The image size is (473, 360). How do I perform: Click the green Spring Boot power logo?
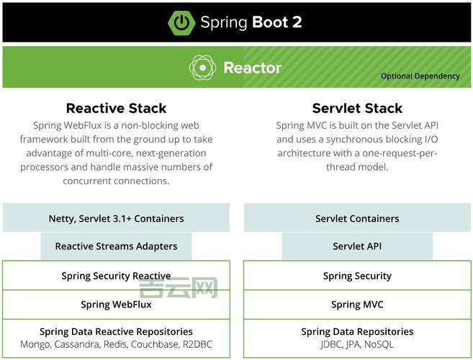pos(181,22)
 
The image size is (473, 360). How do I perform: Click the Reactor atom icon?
pos(202,68)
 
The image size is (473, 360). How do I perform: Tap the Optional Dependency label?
pos(420,76)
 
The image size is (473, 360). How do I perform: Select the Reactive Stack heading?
pos(116,109)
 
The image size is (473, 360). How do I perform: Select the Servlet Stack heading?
pos(357,109)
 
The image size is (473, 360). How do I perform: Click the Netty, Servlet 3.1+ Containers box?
pos(116,218)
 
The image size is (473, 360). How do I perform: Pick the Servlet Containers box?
pos(357,218)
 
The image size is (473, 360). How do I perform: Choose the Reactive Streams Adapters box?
pos(116,246)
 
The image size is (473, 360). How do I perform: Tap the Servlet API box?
pos(357,246)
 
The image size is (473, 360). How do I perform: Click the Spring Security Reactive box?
pos(116,276)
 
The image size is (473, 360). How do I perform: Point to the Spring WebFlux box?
pos(116,305)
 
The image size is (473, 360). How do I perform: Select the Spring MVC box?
pos(357,305)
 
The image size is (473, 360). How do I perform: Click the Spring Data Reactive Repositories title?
pos(116,332)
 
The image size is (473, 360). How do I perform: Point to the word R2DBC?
pos(198,345)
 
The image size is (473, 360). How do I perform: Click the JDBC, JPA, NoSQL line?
pos(357,345)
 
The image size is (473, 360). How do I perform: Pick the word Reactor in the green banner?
pos(252,68)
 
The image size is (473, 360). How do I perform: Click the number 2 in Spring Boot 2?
pos(297,22)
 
